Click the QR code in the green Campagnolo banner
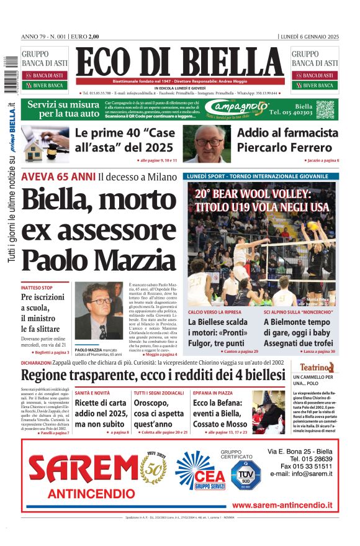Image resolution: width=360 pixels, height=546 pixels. click(325, 109)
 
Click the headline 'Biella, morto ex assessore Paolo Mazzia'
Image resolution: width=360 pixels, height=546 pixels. click(98, 229)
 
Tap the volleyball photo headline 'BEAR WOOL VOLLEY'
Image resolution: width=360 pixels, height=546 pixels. click(261, 200)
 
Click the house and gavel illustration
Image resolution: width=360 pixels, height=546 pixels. click(45, 143)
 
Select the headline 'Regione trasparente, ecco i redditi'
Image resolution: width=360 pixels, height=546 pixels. click(153, 376)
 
